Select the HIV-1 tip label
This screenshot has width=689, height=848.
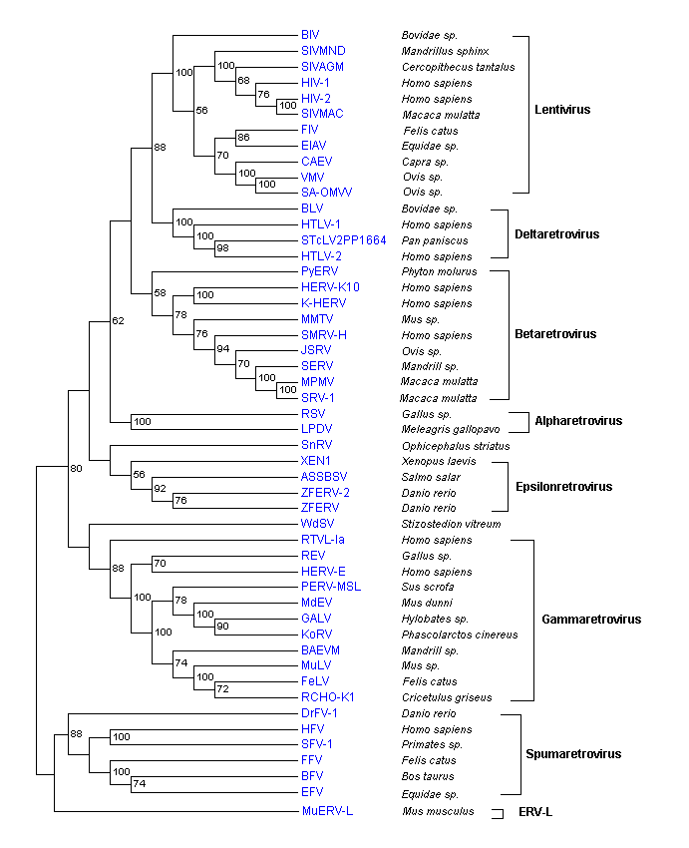click(x=315, y=82)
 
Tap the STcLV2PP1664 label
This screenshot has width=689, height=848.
click(x=343, y=239)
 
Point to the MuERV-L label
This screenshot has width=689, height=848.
click(x=327, y=811)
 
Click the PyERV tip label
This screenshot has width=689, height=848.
click(x=319, y=271)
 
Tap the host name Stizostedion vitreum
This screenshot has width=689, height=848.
click(x=444, y=524)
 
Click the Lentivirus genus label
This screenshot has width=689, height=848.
click(x=562, y=109)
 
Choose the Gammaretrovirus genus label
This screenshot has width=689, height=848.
click(x=591, y=619)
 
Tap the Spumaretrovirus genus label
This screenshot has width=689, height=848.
click(x=572, y=753)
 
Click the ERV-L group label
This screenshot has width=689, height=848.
click(x=534, y=812)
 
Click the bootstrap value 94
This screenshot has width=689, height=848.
click(x=224, y=349)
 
